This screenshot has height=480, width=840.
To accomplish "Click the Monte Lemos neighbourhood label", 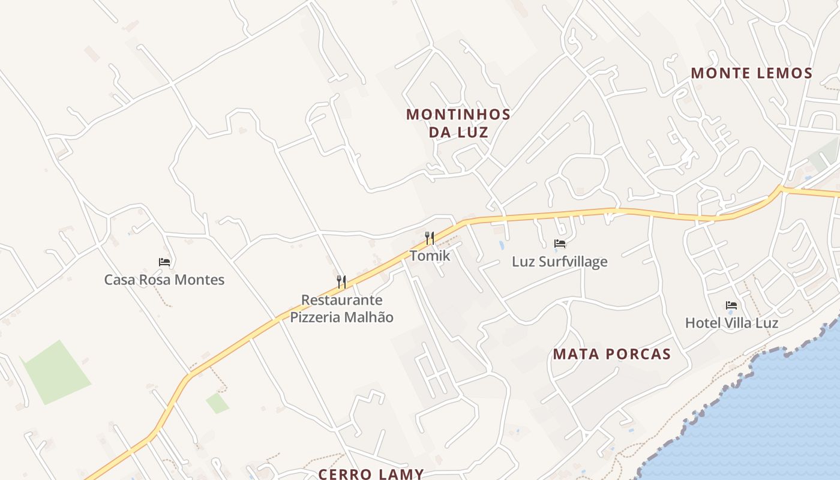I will coord(751,73).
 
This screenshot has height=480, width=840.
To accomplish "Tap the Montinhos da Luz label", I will coord(458,123).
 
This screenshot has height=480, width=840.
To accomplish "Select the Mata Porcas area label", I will coord(611,354).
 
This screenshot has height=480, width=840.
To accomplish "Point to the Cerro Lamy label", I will coord(371,474).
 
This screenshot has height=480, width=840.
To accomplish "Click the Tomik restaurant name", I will coord(430,256).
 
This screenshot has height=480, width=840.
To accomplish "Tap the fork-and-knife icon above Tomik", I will coord(430,238).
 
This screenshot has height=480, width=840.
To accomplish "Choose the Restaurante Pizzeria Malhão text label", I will coord(342,308).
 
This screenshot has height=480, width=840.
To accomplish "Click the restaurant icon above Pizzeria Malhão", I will coord(341,281).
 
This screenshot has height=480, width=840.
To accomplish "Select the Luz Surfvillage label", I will coord(559,262).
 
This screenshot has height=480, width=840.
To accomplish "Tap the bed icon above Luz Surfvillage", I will coord(560,244).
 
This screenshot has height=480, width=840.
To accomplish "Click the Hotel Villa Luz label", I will coord(731,323).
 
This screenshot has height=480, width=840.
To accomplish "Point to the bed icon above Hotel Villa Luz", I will coord(731,305).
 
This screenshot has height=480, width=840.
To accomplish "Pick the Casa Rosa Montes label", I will coord(164,280).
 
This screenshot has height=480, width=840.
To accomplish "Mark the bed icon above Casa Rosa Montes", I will coord(164,262).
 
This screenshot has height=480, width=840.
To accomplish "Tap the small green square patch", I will coord(218,403).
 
